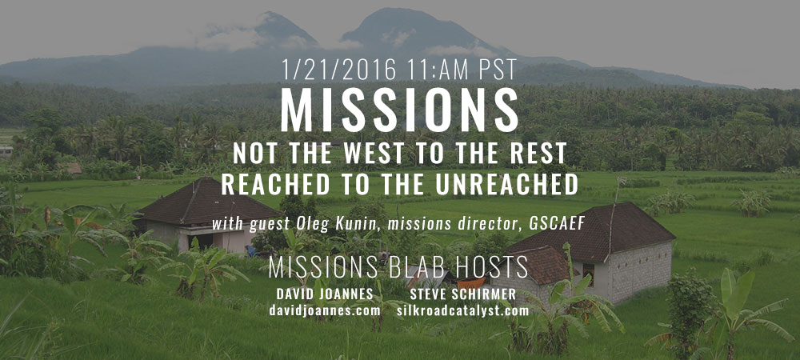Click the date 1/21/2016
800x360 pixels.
[338, 70]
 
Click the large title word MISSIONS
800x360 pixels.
[399, 110]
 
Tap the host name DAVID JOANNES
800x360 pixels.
[325, 294]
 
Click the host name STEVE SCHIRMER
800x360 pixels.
[462, 294]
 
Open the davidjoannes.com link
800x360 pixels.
[325, 310]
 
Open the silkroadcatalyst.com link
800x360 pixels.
[462, 310]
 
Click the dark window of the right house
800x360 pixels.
[588, 274]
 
